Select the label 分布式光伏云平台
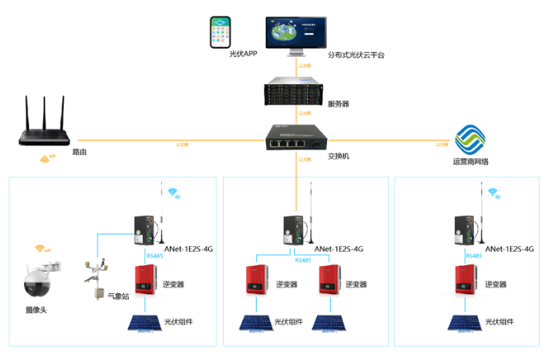point(356,55)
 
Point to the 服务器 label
point(339,104)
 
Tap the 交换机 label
point(339,155)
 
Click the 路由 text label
point(79,152)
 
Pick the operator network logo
point(470,138)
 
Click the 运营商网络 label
point(471,162)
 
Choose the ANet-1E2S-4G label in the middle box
point(341,248)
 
